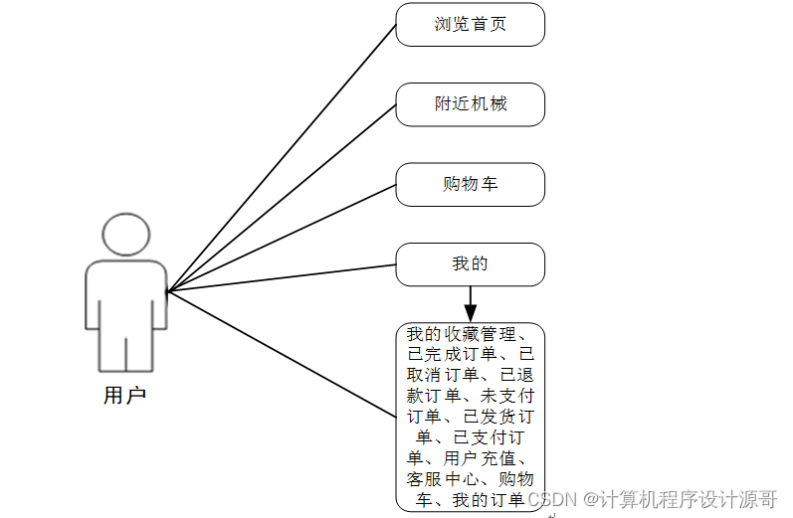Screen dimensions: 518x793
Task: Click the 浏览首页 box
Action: click(x=470, y=25)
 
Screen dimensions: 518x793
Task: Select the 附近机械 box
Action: click(x=470, y=104)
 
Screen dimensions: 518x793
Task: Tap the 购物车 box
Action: click(x=470, y=185)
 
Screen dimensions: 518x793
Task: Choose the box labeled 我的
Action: click(x=470, y=264)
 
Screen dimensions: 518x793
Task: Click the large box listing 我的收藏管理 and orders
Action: click(x=470, y=418)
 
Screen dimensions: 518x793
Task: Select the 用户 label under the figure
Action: click(x=125, y=396)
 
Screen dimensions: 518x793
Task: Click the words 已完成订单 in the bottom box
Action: click(x=448, y=354)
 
